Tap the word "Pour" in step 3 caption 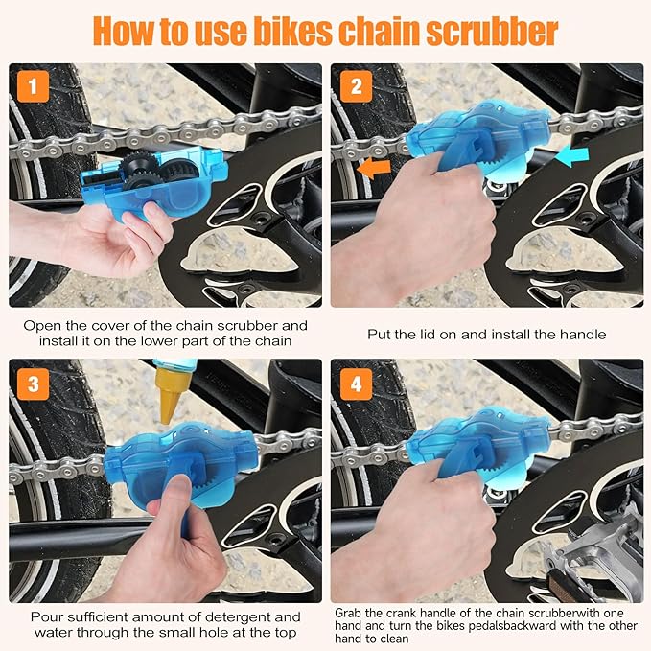[x=48, y=616]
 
